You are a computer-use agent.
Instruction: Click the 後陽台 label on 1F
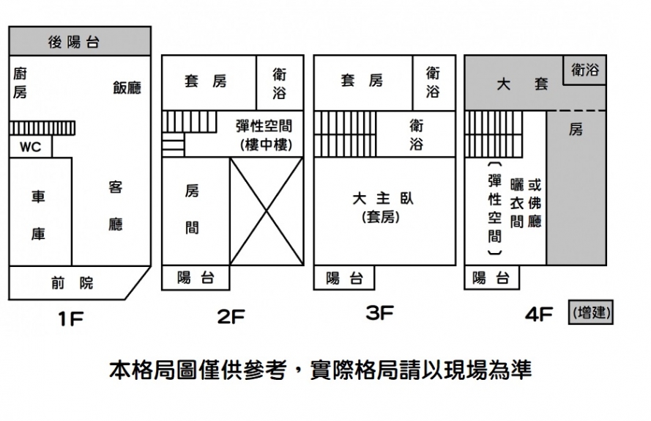[x=74, y=42]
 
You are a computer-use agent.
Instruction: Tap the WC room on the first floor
[x=30, y=147]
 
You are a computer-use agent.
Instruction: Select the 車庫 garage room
[x=39, y=215]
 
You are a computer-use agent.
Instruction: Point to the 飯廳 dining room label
[x=127, y=88]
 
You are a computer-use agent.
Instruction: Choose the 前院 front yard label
[x=72, y=283]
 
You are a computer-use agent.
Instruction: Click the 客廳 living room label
[x=116, y=206]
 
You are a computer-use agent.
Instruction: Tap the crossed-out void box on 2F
[x=267, y=213]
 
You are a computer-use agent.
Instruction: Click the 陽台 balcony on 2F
[x=195, y=279]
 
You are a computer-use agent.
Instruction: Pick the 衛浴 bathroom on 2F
[x=279, y=83]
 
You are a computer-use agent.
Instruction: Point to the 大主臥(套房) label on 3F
[x=379, y=207]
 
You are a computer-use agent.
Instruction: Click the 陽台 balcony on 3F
[x=344, y=278]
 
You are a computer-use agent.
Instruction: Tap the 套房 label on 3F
[x=361, y=81]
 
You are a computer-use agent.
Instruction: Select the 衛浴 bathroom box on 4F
[x=585, y=70]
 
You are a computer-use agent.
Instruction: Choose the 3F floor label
[x=379, y=314]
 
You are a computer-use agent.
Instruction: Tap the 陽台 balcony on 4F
[x=491, y=278]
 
